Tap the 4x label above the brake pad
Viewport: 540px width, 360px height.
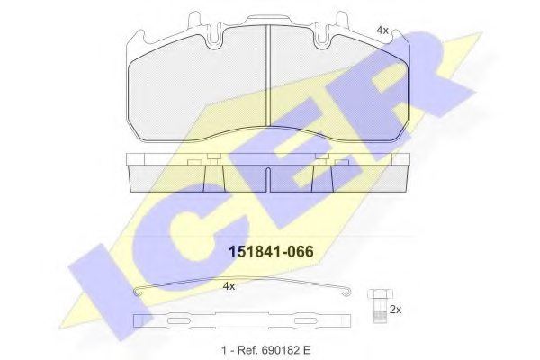[x=382, y=30]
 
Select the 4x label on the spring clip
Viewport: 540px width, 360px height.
[x=229, y=286]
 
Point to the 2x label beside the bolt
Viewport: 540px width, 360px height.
[x=394, y=309]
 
